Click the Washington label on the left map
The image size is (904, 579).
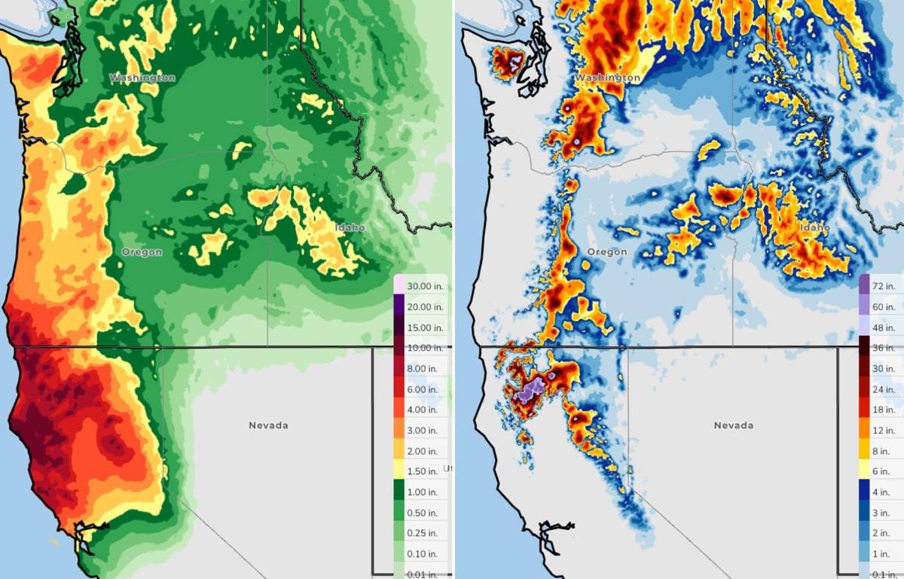142,78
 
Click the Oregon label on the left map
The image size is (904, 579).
142,252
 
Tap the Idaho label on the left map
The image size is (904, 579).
350,227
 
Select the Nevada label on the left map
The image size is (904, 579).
268,425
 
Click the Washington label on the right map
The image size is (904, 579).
608,78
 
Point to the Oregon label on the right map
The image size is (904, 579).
606,252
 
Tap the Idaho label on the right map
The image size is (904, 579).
815,227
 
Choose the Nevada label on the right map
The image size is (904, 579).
733,425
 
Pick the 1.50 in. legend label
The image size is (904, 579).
422,471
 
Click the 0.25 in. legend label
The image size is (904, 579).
422,533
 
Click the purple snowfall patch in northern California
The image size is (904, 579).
532,390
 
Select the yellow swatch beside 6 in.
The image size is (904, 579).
865,471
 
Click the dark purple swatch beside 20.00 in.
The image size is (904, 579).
399,306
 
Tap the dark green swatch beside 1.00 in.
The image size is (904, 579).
399,492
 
